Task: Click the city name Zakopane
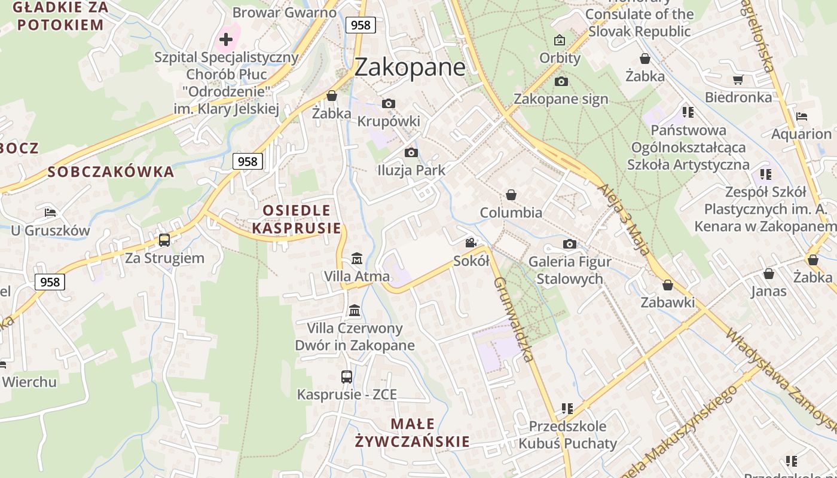point(410,67)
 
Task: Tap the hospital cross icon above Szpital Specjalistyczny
point(225,40)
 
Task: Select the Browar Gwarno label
point(285,12)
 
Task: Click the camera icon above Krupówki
point(389,103)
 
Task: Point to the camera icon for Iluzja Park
point(411,152)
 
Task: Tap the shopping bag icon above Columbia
point(511,195)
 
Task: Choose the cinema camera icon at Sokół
point(471,243)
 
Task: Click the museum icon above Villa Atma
point(357,258)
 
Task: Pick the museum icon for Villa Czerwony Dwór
point(355,310)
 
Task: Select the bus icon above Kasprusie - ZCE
point(347,376)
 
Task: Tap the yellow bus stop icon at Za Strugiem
point(164,240)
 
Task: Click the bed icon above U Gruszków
point(50,213)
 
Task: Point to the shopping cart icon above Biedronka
point(738,79)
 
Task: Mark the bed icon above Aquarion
point(802,116)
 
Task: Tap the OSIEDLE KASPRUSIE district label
point(297,219)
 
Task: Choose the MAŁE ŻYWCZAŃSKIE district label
point(413,433)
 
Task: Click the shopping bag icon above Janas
point(769,274)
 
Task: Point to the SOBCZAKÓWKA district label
point(111,172)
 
